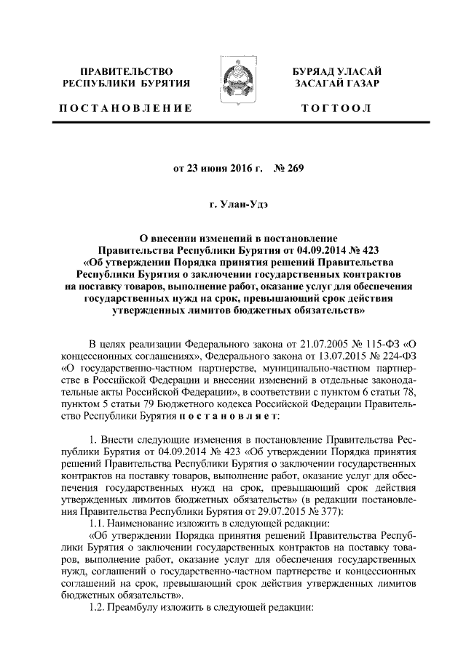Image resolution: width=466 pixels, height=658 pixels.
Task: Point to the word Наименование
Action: pyautogui.click(x=143, y=523)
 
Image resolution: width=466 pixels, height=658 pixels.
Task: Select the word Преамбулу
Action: pyautogui.click(x=143, y=609)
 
